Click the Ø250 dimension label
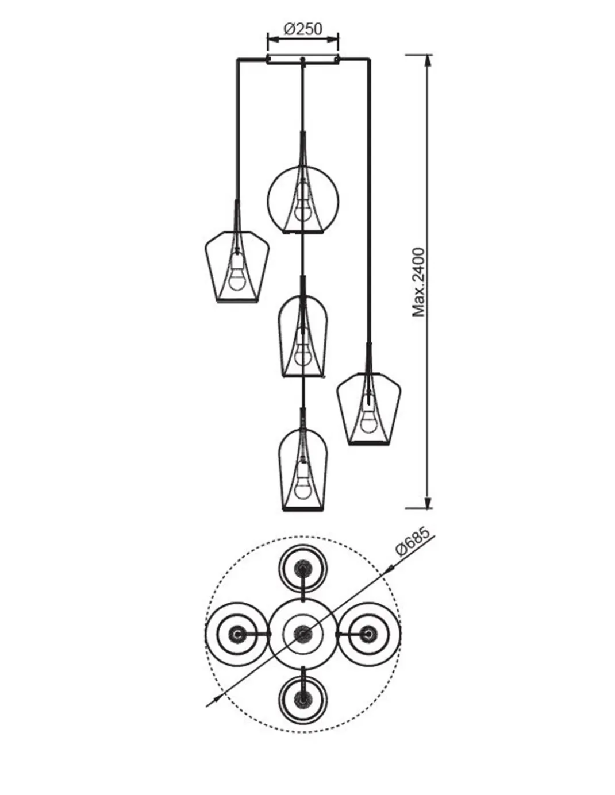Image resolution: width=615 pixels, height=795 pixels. [x=303, y=29]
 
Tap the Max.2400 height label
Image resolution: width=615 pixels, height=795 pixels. [x=419, y=282]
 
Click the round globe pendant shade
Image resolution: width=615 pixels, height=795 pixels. [x=267, y=200]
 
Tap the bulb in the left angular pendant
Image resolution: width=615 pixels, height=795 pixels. [x=237, y=273]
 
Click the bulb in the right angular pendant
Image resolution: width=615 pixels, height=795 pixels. [x=368, y=415]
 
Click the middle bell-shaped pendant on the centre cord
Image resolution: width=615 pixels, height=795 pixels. [x=279, y=337]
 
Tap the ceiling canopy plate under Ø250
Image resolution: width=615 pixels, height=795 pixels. [x=303, y=60]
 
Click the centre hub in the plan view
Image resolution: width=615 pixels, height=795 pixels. [x=302, y=633]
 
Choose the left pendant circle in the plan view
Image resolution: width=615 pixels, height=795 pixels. [x=206, y=633]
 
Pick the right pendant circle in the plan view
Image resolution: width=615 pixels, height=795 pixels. [x=400, y=633]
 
